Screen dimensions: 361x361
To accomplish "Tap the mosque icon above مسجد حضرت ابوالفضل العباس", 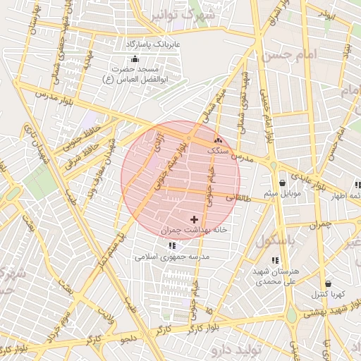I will (134, 59).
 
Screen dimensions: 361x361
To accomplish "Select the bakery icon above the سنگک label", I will (217, 140).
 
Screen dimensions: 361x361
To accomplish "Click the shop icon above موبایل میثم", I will (282, 182).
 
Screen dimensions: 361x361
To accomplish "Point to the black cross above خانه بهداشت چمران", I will (194, 220).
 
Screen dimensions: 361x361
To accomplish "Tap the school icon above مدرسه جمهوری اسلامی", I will (173, 246).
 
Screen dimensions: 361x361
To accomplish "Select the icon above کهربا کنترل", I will (327, 284).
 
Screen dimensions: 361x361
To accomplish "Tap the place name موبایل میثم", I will (283, 193).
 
